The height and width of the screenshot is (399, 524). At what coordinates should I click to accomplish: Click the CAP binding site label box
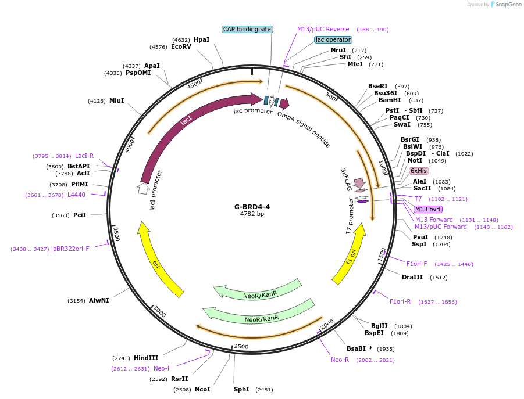[x=248, y=29]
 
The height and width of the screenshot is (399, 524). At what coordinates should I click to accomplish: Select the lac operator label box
[x=333, y=39]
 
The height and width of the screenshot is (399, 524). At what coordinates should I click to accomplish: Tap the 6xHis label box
[x=419, y=171]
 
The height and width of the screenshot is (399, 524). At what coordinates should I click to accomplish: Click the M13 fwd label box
[x=428, y=209]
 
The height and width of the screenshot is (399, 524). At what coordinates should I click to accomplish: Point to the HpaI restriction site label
[x=201, y=39]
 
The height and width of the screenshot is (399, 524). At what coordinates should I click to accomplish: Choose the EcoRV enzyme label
[x=181, y=46]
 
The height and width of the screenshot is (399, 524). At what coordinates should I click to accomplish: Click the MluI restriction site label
[x=117, y=100]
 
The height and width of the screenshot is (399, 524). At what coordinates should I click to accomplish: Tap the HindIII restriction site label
[x=146, y=358]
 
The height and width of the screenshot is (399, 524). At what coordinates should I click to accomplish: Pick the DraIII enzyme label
[x=412, y=277]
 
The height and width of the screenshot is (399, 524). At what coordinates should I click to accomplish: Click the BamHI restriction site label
[x=390, y=100]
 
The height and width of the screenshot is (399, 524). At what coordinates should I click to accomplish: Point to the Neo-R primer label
[x=340, y=360]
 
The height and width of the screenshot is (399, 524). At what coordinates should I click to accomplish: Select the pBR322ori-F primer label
[x=71, y=249]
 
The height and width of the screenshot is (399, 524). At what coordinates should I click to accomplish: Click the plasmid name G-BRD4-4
[x=252, y=206]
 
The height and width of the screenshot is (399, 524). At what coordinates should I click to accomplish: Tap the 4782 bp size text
[x=252, y=214]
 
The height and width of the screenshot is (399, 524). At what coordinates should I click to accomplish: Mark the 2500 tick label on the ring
[x=241, y=347]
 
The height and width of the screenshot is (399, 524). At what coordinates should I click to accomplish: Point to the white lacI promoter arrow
[x=142, y=188]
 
